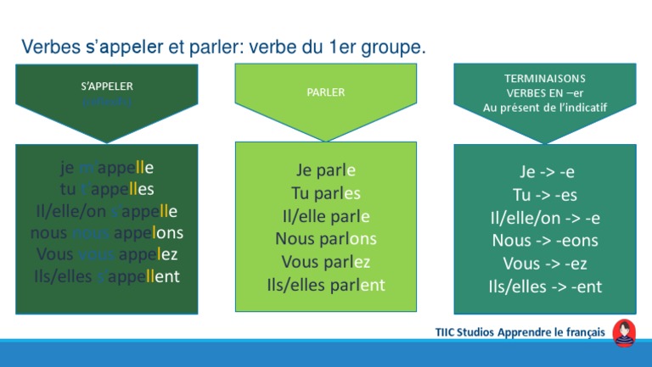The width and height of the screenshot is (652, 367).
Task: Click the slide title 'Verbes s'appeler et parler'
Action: click(x=223, y=47)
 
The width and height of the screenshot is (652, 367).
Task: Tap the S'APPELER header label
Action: click(x=107, y=86)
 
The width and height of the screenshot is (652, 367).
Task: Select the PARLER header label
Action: click(x=326, y=92)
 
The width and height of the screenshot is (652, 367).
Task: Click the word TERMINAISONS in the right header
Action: click(x=544, y=77)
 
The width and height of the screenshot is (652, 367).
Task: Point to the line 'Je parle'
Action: click(x=326, y=170)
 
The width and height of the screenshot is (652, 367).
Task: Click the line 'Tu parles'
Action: click(x=326, y=193)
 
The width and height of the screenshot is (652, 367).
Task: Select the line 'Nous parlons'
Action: click(x=326, y=239)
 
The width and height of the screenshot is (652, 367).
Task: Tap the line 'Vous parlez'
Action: click(x=326, y=262)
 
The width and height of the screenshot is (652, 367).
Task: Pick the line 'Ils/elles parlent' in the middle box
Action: click(x=326, y=285)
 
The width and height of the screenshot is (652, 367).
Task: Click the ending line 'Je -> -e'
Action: click(x=545, y=172)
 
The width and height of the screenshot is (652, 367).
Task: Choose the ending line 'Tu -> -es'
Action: click(x=545, y=195)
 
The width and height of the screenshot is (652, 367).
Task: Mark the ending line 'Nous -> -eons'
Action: click(x=545, y=241)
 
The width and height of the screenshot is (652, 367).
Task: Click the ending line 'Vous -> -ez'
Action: click(x=545, y=264)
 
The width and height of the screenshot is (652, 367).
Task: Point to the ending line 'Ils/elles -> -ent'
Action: click(x=545, y=286)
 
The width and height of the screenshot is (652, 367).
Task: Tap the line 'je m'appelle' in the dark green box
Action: click(x=107, y=167)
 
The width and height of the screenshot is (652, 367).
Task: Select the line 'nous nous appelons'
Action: click(x=107, y=232)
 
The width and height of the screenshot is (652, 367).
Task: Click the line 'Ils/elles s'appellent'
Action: click(x=107, y=276)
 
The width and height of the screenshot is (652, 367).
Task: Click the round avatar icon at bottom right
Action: click(x=624, y=331)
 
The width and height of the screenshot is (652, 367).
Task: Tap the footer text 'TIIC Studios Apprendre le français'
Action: click(x=520, y=332)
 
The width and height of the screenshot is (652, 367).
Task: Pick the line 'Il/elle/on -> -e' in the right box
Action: click(x=545, y=218)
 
